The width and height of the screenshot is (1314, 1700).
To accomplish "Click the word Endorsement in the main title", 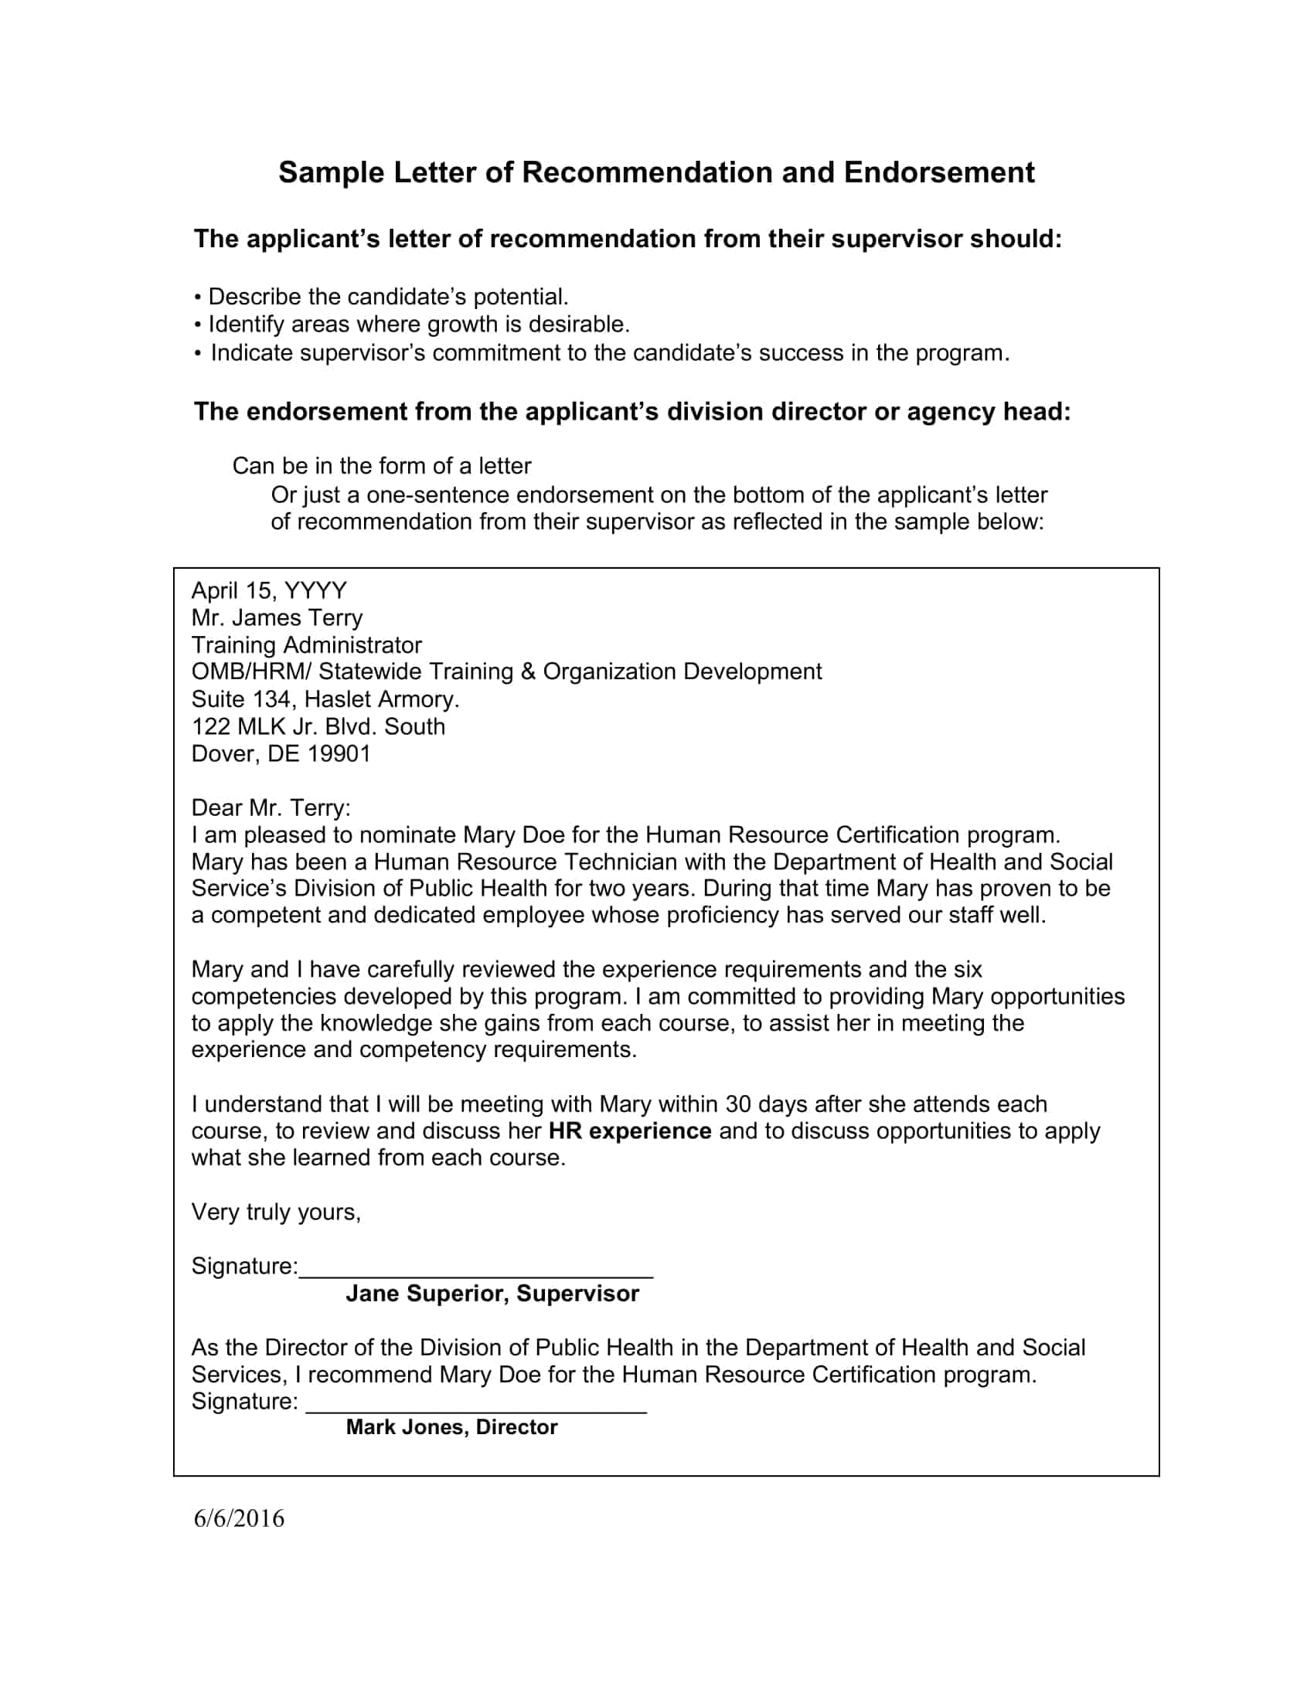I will click(x=939, y=172).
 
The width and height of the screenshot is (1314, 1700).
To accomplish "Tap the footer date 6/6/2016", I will click(x=239, y=1518).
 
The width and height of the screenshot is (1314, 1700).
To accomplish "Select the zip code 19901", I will click(x=339, y=753).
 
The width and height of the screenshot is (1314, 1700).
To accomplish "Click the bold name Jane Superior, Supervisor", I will click(x=492, y=1293).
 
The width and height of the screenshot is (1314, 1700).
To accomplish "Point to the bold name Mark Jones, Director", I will click(x=451, y=1426).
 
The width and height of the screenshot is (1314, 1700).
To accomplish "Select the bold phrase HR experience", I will click(x=630, y=1131).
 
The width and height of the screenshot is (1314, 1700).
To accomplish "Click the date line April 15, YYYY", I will click(x=269, y=591).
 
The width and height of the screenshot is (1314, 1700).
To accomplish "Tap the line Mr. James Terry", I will click(x=277, y=618).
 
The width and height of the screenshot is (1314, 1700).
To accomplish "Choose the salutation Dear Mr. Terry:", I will click(x=271, y=808).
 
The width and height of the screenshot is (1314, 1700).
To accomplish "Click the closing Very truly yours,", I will click(x=277, y=1212).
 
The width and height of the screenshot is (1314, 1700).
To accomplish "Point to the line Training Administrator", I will click(x=307, y=645).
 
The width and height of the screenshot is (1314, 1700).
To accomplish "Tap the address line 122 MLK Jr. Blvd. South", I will click(x=318, y=726).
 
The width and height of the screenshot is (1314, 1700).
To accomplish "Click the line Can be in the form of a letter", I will click(x=381, y=465).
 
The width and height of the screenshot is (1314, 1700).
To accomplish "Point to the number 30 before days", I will click(x=739, y=1104).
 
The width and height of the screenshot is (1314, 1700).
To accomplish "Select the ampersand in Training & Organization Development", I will click(x=529, y=671).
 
